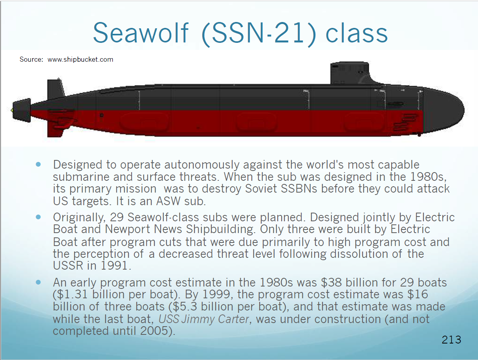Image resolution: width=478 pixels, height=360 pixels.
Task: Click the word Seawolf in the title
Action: pos(141,33)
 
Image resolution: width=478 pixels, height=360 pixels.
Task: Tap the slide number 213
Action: pos(451,340)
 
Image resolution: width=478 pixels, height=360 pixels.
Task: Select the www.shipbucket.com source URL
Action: pos(81,59)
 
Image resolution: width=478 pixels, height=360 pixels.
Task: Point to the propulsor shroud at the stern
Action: pos(21,110)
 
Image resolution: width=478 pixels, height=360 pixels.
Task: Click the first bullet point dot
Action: pos(38,164)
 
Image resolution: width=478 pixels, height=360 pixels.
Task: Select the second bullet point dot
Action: pos(38,217)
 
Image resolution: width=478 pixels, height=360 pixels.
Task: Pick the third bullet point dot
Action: pos(38,283)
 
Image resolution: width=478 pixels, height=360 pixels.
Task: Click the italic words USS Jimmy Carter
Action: pos(203,319)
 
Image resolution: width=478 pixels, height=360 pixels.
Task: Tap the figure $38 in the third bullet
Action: pos(331,283)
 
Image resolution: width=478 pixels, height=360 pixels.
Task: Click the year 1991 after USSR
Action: pos(114,265)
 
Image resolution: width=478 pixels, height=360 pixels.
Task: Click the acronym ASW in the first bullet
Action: pos(168,201)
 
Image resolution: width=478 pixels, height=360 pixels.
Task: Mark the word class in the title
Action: pos(357,33)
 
